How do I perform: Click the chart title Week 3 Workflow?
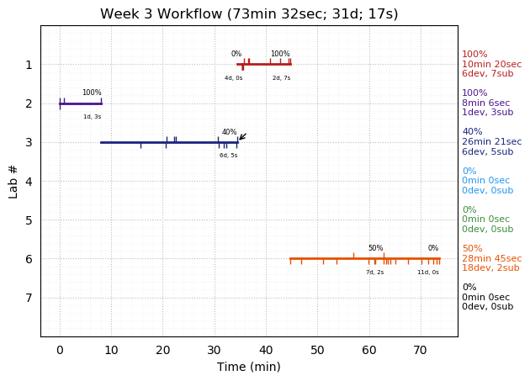[x=249, y=14]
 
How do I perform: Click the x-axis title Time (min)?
[x=249, y=367]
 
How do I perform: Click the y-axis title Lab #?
[x=13, y=181]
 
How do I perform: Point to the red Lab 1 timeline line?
[x=264, y=65]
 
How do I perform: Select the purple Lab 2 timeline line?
[x=81, y=103]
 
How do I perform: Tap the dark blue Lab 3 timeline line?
[x=168, y=142]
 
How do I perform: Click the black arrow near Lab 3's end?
[x=242, y=136]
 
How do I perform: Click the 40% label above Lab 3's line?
[x=229, y=132]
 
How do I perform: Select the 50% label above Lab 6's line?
[x=375, y=248]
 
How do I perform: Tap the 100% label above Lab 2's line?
[x=92, y=93]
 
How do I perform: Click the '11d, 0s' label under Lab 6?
[x=428, y=273]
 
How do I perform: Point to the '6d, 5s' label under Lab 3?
[x=229, y=156]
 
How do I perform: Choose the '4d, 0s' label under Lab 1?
[x=233, y=78]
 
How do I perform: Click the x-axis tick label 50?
[x=317, y=349]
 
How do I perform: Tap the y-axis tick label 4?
[x=29, y=181]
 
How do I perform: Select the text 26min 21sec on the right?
[x=491, y=142]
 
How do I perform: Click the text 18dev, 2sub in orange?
[x=490, y=268]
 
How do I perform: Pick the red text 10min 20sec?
[x=491, y=65]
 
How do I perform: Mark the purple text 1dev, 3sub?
[x=487, y=113]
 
